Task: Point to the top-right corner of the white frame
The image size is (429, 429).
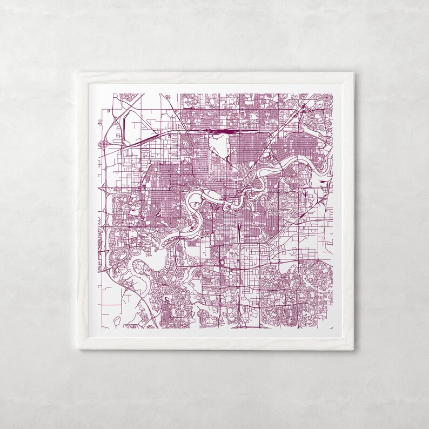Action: [x=353, y=72]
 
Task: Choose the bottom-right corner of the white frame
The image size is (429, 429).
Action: [x=353, y=348]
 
